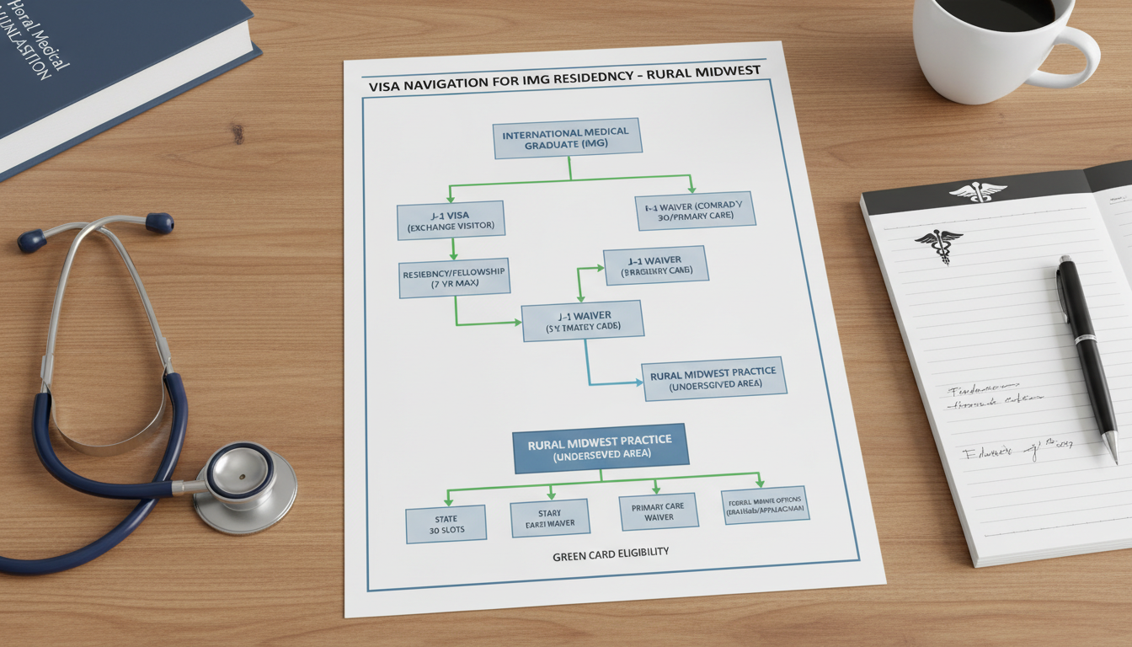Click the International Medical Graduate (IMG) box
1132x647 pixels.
tap(566, 138)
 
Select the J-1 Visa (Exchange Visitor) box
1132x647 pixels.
tap(451, 220)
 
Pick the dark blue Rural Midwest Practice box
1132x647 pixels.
tap(600, 447)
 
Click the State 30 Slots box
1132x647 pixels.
tap(446, 523)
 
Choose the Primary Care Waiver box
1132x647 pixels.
tap(659, 511)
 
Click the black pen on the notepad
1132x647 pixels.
tap(1085, 354)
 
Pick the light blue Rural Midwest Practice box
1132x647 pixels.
tap(713, 379)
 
